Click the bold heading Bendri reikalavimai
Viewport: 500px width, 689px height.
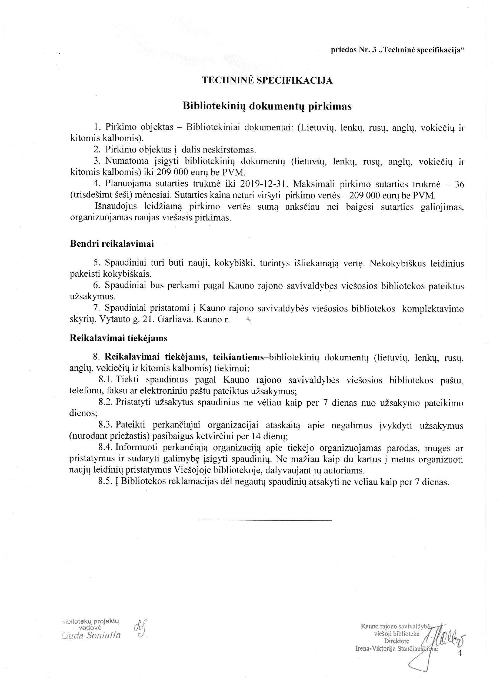click(x=112, y=244)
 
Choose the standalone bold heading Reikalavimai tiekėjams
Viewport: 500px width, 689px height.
click(x=119, y=338)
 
